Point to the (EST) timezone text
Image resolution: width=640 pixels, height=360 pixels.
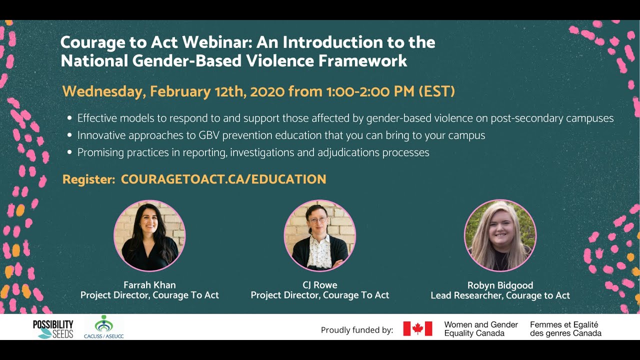click(436, 91)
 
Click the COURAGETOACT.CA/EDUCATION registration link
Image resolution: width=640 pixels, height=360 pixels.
click(223, 179)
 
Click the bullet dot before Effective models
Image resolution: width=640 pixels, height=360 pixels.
click(69, 118)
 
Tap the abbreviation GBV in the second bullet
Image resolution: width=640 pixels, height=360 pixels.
click(209, 135)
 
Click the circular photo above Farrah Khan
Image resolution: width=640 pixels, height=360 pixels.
click(149, 235)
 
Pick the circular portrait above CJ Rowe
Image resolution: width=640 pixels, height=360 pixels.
click(319, 235)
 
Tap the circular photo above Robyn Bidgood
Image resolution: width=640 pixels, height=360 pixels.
click(500, 235)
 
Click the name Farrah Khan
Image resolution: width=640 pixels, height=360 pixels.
click(149, 285)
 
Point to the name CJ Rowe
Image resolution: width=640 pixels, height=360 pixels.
click(320, 285)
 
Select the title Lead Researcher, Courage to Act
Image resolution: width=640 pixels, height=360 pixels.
click(500, 295)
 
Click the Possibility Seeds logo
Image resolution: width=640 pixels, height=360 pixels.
click(53, 329)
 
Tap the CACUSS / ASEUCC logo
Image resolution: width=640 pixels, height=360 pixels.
click(103, 327)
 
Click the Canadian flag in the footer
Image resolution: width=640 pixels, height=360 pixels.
click(417, 328)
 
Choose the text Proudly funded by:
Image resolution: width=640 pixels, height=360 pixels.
click(357, 330)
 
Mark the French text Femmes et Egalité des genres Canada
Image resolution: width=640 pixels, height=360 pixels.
click(565, 329)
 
